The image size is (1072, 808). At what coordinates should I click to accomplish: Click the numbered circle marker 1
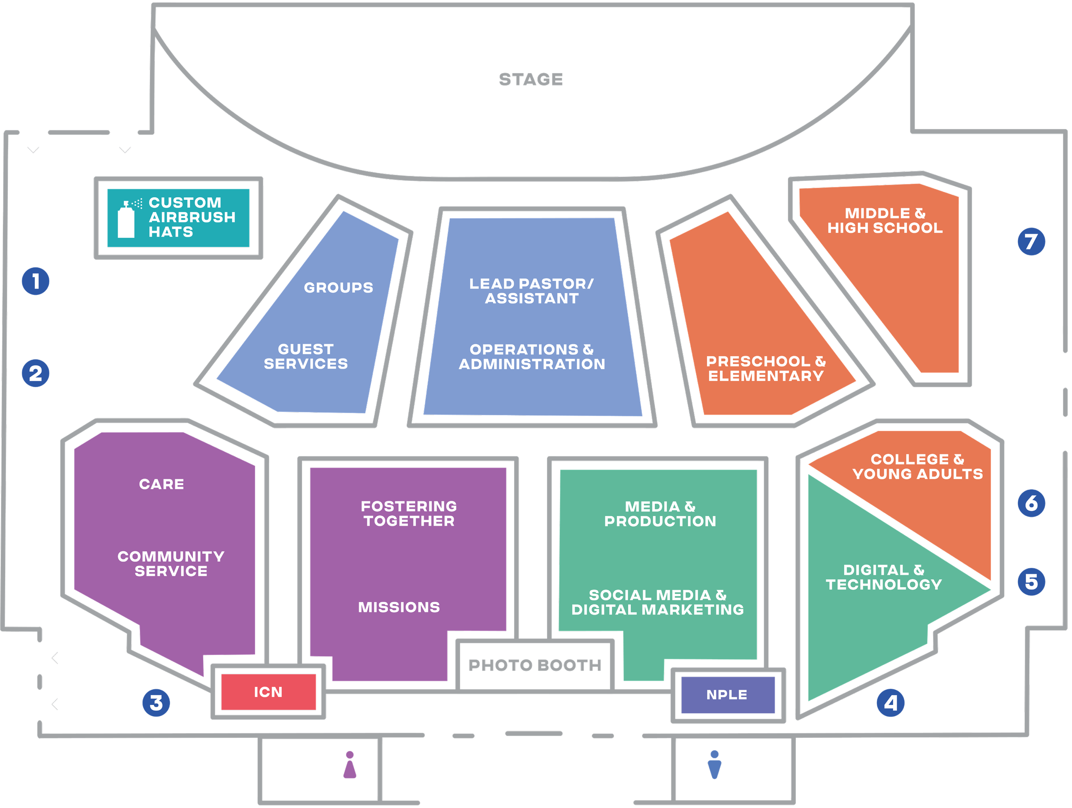(36, 281)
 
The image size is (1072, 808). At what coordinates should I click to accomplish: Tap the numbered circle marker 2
(36, 373)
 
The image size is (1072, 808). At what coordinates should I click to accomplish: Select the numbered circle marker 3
(156, 703)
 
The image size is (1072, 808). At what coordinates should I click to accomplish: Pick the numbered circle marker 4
(891, 703)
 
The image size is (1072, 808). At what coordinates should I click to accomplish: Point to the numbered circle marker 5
(1031, 581)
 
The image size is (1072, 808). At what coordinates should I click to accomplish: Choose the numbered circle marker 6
(1031, 503)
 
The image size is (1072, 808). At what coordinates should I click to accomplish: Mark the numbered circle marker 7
(1031, 241)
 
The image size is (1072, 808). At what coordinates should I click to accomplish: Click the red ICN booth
(268, 692)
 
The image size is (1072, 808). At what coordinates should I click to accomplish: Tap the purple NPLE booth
(727, 695)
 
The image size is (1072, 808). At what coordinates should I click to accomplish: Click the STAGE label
(531, 79)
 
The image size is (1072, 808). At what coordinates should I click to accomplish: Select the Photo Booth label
(535, 665)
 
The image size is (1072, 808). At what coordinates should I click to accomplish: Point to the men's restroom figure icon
(714, 764)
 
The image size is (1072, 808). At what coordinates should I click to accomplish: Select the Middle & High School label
(885, 220)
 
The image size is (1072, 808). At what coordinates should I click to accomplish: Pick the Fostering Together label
(409, 514)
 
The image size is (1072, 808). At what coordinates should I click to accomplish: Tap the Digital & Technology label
(884, 577)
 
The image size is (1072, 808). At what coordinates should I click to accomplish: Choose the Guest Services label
(306, 356)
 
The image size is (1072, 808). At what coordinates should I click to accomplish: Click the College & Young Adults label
(917, 466)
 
